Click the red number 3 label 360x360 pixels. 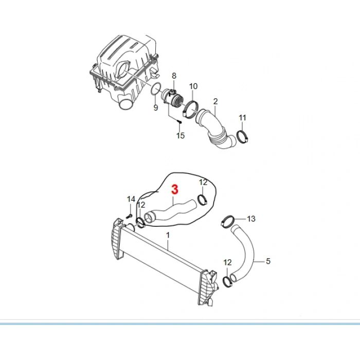175,190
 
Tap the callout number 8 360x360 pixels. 174,76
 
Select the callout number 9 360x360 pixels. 156,107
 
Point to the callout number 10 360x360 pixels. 193,86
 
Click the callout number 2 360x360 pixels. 215,101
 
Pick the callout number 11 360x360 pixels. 242,118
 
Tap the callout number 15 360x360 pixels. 181,135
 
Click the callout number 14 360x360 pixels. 131,199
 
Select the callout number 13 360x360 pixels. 251,219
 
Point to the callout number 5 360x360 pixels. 268,261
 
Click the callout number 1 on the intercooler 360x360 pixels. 168,235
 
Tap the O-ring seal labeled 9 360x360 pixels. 156,88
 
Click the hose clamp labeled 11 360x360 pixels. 242,136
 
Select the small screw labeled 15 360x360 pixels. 180,122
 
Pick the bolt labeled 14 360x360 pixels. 130,216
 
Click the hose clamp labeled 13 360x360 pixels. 227,221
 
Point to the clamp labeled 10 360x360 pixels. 191,110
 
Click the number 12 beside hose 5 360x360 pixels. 227,262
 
